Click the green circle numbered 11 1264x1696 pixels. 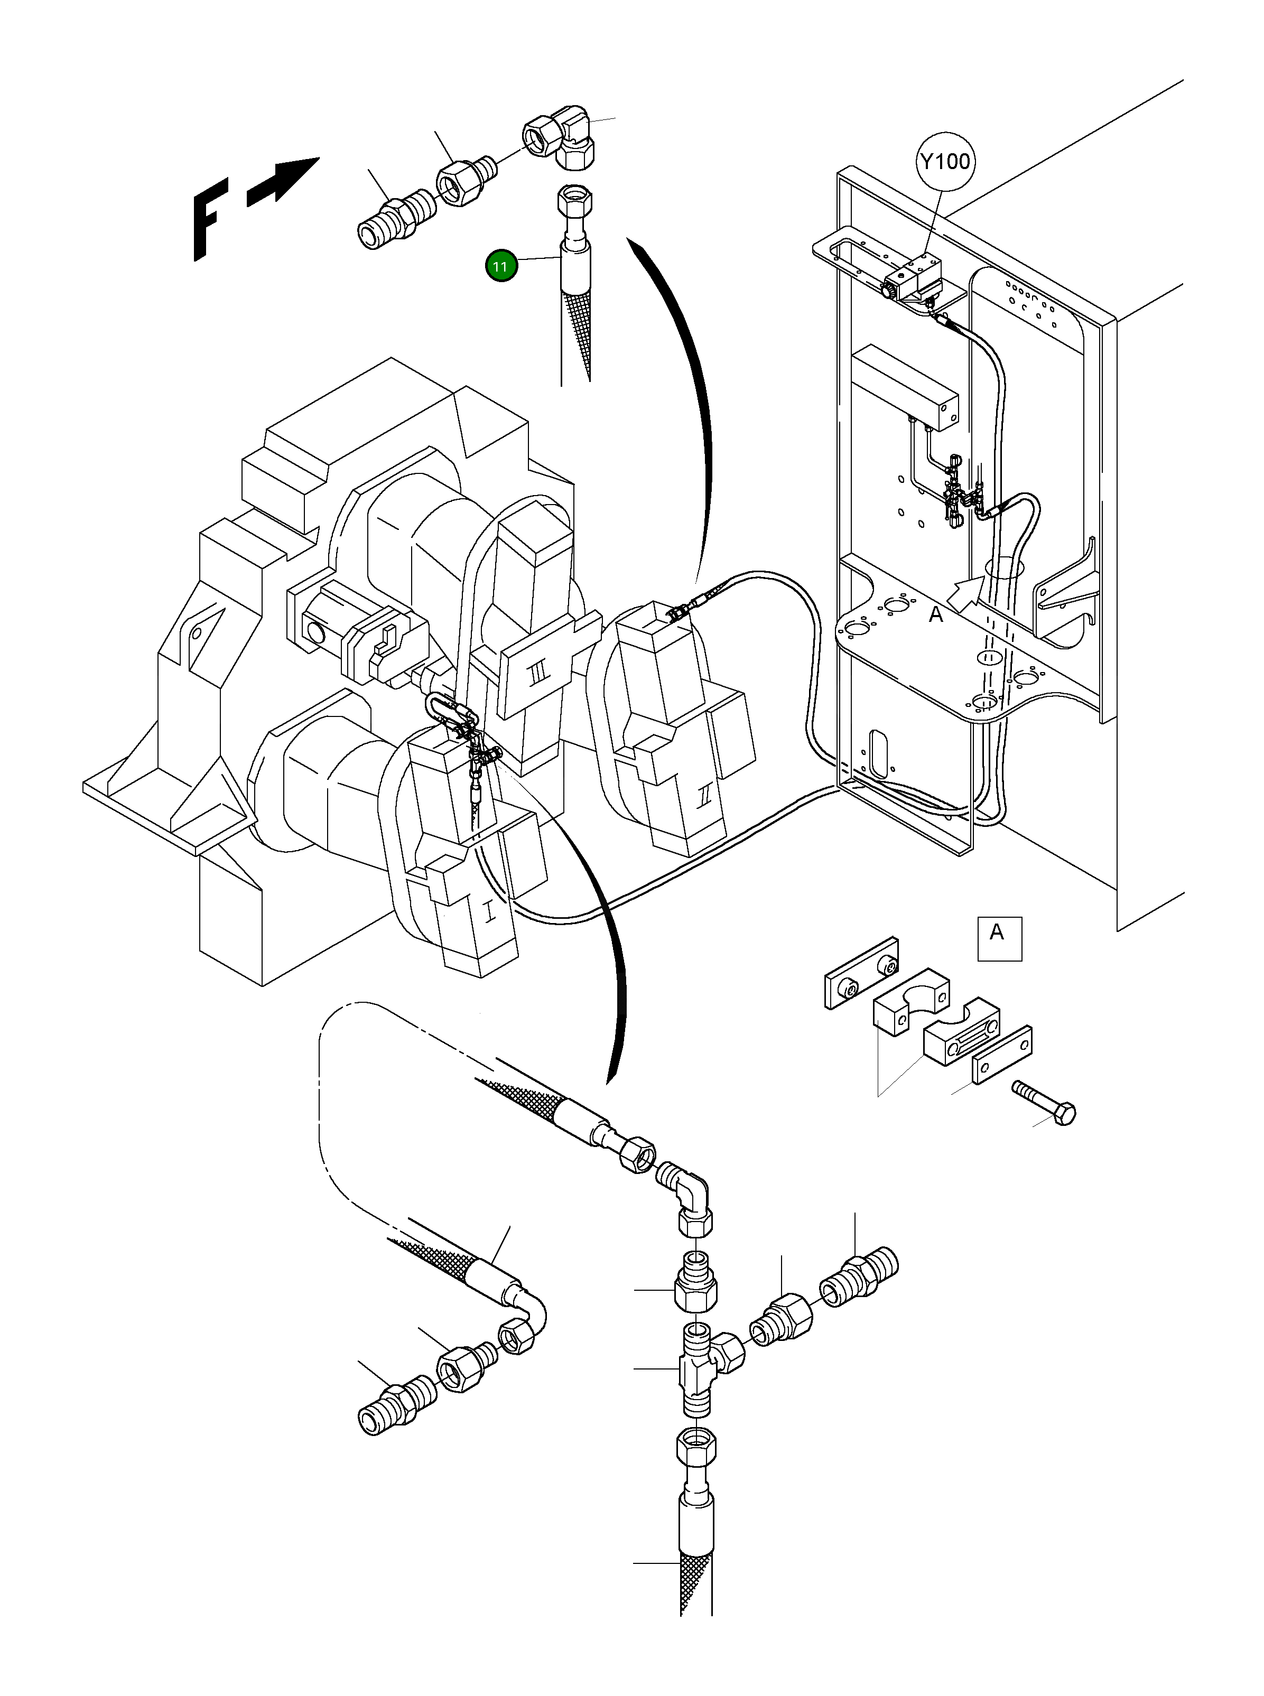pos(500,266)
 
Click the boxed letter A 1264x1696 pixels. pos(999,938)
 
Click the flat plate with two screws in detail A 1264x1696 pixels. pos(861,972)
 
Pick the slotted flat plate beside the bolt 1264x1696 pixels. pos(1001,1056)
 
